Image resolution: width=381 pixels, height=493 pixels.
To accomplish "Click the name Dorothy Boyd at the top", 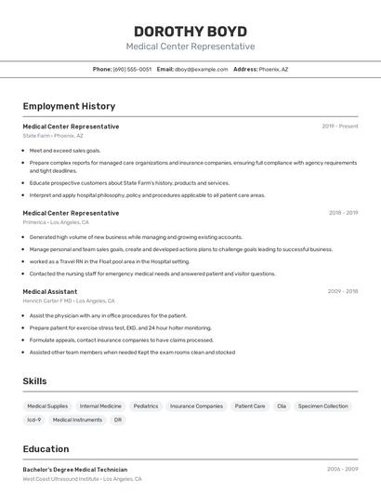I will click(190, 30).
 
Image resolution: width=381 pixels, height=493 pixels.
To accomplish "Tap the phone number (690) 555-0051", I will click(132, 69).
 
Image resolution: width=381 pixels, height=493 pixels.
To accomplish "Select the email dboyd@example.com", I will click(202, 69).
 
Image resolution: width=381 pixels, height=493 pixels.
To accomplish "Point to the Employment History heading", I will click(69, 106).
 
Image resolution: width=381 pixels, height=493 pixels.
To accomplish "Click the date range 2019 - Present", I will click(340, 127).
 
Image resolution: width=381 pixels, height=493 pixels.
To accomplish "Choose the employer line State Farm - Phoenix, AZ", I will click(53, 136).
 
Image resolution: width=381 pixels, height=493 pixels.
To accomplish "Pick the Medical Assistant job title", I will click(50, 291).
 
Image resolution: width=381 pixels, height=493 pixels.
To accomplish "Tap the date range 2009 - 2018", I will click(343, 291).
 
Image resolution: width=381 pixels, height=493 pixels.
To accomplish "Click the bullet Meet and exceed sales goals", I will click(65, 150).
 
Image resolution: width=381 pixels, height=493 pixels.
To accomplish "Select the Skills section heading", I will click(34, 381).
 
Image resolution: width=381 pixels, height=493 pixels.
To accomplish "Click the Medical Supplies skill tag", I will click(47, 406).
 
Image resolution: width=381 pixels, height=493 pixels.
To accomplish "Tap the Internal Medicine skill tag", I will click(100, 406).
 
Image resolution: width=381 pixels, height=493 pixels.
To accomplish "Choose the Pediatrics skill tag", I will click(146, 406).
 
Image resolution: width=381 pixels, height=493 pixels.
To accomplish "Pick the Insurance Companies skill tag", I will click(196, 406).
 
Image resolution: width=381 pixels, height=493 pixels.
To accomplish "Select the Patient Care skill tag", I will click(250, 406).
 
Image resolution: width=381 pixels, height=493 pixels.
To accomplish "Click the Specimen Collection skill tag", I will click(323, 406).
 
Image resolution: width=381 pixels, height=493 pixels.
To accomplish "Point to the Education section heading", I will click(46, 449).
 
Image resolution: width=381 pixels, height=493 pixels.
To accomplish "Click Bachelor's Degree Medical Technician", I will click(75, 470).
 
